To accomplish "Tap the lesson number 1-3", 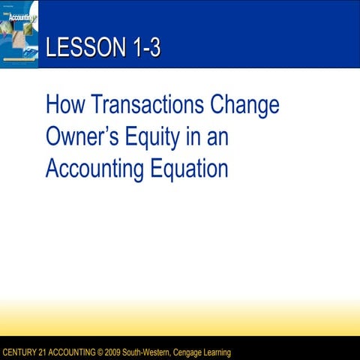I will click(x=142, y=49).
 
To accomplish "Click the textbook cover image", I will click(x=19, y=34).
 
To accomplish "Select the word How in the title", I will click(x=64, y=104).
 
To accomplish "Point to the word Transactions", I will click(x=145, y=104).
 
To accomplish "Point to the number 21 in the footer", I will click(x=42, y=352).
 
